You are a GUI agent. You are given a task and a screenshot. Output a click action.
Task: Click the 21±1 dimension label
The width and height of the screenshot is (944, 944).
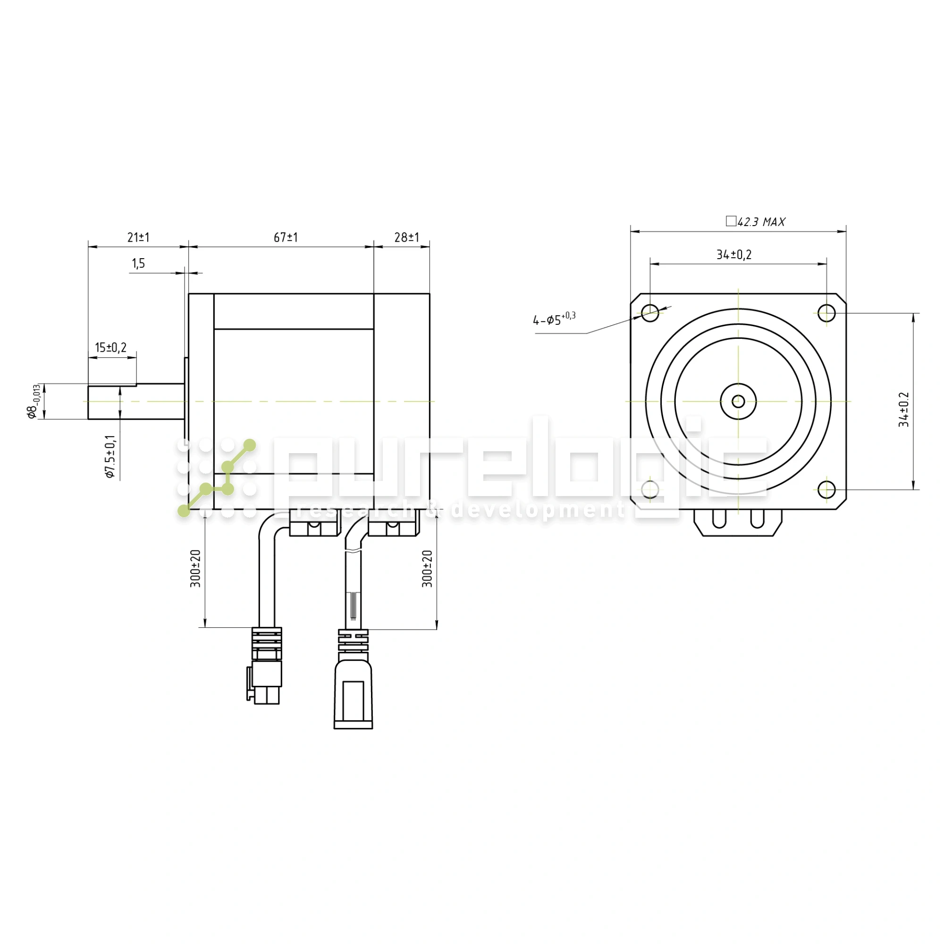click(x=138, y=237)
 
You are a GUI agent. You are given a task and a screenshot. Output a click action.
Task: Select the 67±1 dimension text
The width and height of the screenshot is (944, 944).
click(x=286, y=237)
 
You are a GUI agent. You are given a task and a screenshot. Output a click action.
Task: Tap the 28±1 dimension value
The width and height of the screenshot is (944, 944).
click(x=406, y=237)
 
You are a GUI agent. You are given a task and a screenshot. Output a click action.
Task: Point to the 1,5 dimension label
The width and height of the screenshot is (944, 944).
click(x=138, y=264)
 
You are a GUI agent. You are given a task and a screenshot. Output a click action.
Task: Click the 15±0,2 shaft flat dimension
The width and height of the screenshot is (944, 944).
click(x=111, y=347)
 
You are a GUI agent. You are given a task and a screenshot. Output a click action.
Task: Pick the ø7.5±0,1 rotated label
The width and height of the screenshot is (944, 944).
click(x=111, y=456)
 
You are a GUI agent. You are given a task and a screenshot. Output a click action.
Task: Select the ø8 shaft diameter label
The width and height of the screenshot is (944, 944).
click(x=33, y=402)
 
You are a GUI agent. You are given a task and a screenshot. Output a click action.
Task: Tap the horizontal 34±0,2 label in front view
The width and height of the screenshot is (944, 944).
click(x=734, y=254)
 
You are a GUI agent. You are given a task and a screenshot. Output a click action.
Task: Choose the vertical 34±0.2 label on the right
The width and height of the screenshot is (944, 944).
click(x=904, y=409)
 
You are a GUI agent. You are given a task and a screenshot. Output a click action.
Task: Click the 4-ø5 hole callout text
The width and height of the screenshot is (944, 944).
click(x=554, y=319)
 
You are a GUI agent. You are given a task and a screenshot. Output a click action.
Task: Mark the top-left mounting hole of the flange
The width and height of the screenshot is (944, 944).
click(x=650, y=313)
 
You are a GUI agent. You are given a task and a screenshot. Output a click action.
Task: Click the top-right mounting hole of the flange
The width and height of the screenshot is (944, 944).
click(x=826, y=313)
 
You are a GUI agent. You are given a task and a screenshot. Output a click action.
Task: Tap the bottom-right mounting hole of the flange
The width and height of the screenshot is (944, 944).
click(x=826, y=489)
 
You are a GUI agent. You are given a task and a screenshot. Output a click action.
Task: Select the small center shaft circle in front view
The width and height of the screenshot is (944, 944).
click(x=738, y=402)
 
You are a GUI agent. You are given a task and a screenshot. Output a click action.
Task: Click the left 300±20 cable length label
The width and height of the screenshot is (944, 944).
click(x=195, y=568)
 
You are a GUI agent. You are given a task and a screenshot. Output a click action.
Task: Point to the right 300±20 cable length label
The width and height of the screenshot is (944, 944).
click(x=428, y=568)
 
